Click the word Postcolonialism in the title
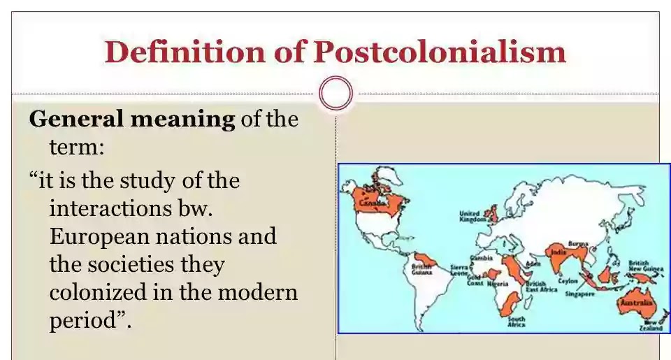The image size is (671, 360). (440, 52)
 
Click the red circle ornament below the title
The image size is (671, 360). (335, 93)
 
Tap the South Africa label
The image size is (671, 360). (517, 322)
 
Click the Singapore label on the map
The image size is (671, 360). (579, 294)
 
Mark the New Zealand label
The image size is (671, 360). (653, 325)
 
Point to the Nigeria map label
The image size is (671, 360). (498, 284)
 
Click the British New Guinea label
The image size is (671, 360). (640, 266)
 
